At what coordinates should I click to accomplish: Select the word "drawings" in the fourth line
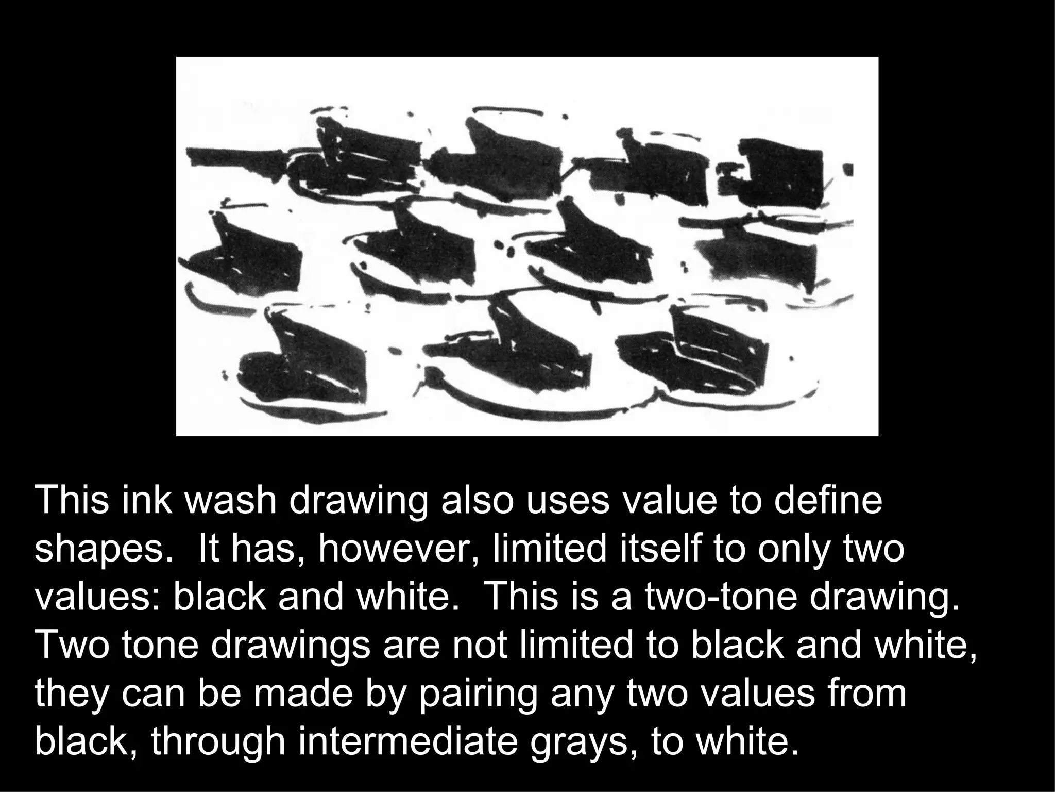pos(292,646)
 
